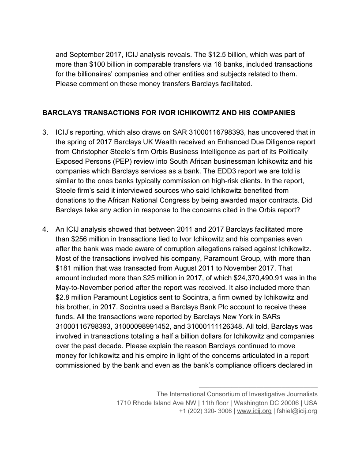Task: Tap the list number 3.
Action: coord(45,132)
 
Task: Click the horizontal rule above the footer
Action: coord(258,387)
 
